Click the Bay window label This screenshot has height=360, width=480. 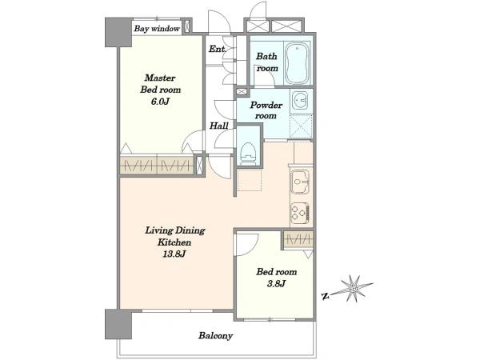tap(157, 29)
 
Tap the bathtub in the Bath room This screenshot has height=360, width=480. tap(297, 63)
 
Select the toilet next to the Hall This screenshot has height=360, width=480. tap(248, 154)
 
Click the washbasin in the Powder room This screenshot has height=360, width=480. tap(300, 100)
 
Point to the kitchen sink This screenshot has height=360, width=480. tap(300, 182)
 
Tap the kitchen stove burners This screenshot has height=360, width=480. tap(300, 213)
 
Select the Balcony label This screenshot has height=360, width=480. tap(215, 336)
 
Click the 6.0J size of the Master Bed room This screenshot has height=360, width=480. tap(160, 102)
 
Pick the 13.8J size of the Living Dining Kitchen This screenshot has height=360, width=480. tap(174, 254)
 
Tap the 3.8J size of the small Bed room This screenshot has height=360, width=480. tap(276, 284)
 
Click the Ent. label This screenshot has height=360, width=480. tap(218, 49)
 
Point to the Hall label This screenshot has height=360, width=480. tap(219, 126)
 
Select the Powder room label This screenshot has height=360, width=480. tap(266, 110)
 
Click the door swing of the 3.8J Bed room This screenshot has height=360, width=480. tap(247, 245)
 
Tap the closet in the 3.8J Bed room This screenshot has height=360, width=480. tap(298, 239)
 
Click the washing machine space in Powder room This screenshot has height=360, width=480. tap(302, 126)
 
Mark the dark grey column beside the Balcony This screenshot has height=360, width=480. tap(118, 324)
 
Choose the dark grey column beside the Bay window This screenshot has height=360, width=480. tap(118, 32)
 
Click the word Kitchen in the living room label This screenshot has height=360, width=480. tap(174, 242)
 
